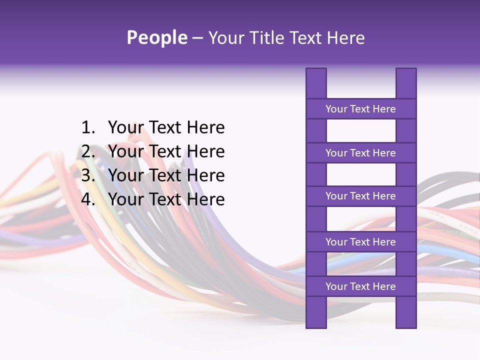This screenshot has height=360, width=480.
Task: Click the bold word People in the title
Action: coord(156,37)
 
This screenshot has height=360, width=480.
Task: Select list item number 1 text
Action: coord(166,127)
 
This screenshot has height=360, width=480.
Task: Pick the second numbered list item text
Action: coord(166,151)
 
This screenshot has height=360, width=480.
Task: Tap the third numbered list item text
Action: coord(166,175)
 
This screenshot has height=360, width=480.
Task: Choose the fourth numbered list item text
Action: coord(166,199)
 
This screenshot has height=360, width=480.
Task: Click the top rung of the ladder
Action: coord(360,109)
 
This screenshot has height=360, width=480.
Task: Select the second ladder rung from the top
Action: coord(360,153)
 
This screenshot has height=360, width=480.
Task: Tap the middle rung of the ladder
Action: coord(360,196)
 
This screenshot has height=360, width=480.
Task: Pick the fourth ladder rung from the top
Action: coord(360,242)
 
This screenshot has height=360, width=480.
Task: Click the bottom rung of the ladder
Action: coord(360,286)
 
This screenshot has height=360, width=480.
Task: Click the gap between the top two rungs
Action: coord(360,131)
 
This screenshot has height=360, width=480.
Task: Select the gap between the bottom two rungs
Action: coord(360,264)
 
